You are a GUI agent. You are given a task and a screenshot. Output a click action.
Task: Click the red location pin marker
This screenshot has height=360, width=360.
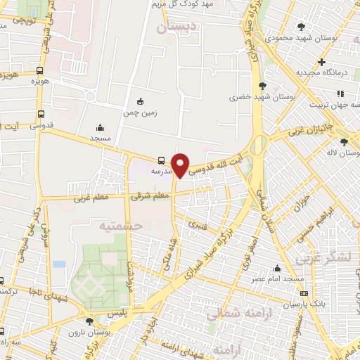point(181,165)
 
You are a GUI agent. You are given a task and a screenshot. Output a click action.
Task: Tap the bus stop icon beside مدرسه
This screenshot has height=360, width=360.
point(162,160)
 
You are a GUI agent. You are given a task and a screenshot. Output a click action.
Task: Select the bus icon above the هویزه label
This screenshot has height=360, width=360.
point(40,70)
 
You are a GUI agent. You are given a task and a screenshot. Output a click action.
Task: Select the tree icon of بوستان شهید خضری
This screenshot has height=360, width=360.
point(263,84)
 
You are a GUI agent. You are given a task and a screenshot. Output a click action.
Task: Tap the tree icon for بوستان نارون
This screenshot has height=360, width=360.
point(89,321)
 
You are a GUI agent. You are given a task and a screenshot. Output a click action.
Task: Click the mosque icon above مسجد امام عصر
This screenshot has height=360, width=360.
point(277,268)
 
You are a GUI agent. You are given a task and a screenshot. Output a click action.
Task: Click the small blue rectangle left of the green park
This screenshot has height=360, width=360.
point(59,264)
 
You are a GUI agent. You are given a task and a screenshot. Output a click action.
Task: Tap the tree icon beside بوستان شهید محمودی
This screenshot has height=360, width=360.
point(302,27)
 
